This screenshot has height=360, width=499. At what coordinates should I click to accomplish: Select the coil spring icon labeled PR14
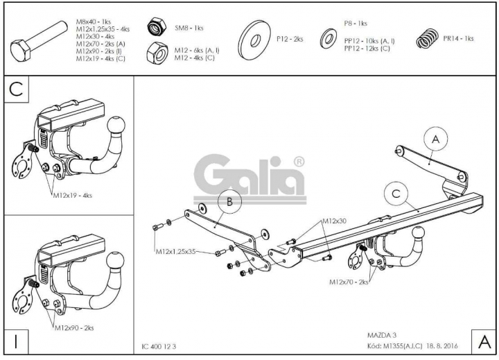click(427, 39)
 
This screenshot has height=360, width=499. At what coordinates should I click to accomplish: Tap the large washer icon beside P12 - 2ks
click(254, 40)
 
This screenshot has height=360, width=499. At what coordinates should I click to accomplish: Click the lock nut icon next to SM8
click(157, 27)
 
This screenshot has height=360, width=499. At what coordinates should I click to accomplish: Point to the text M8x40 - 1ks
click(94, 22)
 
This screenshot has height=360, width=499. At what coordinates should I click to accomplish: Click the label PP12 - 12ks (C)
click(367, 49)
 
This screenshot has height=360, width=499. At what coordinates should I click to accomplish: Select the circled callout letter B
click(230, 202)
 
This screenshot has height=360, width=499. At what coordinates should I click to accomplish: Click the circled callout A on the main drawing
click(436, 139)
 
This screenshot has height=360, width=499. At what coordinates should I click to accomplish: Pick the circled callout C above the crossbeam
click(396, 194)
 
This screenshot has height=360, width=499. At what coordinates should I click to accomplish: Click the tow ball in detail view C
click(116, 126)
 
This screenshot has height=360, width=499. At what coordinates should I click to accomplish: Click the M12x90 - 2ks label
click(74, 328)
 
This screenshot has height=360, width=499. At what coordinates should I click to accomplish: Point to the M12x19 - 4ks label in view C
click(73, 196)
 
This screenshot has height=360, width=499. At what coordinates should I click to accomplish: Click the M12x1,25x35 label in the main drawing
click(175, 251)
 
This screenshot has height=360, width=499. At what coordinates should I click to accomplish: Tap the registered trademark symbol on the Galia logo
click(299, 162)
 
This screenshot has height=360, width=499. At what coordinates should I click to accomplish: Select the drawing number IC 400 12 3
click(159, 347)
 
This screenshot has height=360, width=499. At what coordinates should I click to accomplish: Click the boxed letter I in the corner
click(16, 342)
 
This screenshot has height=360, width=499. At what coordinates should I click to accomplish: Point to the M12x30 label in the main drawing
click(335, 221)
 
